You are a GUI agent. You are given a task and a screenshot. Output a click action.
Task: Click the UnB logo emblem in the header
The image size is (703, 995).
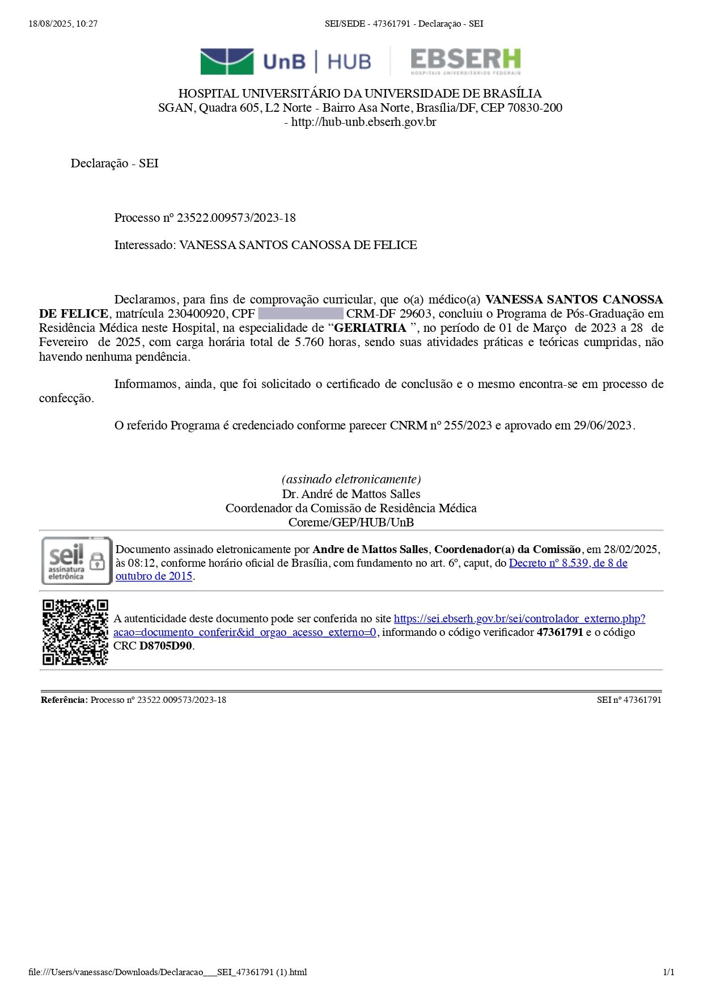[227, 61]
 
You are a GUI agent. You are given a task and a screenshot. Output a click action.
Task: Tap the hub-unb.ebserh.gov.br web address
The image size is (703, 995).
[363, 122]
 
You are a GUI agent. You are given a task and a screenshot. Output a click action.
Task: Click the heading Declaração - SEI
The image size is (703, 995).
[115, 163]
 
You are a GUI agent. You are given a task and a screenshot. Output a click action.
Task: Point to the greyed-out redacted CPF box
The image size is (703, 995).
[300, 314]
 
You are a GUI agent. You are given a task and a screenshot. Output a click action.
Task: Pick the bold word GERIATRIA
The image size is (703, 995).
[370, 328]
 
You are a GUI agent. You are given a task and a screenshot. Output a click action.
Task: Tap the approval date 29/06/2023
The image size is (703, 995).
[603, 425]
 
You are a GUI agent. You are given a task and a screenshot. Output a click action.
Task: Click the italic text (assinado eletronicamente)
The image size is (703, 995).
[351, 479]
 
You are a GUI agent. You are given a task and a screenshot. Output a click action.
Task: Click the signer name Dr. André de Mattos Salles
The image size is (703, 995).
[351, 494]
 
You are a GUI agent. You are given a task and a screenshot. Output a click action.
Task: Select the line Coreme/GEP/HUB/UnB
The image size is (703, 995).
[351, 522]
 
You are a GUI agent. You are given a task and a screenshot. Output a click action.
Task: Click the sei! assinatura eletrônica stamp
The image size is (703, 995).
[77, 560]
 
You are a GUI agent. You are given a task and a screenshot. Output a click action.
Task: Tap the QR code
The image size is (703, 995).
[75, 631]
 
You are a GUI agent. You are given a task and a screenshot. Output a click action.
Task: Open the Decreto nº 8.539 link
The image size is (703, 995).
[568, 563]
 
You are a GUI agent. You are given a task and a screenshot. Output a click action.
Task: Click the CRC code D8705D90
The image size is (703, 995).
[166, 646]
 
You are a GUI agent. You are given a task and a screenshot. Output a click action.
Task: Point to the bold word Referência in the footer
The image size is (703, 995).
[64, 700]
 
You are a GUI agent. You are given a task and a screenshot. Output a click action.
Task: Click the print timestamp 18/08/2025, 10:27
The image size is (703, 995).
[63, 24]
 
